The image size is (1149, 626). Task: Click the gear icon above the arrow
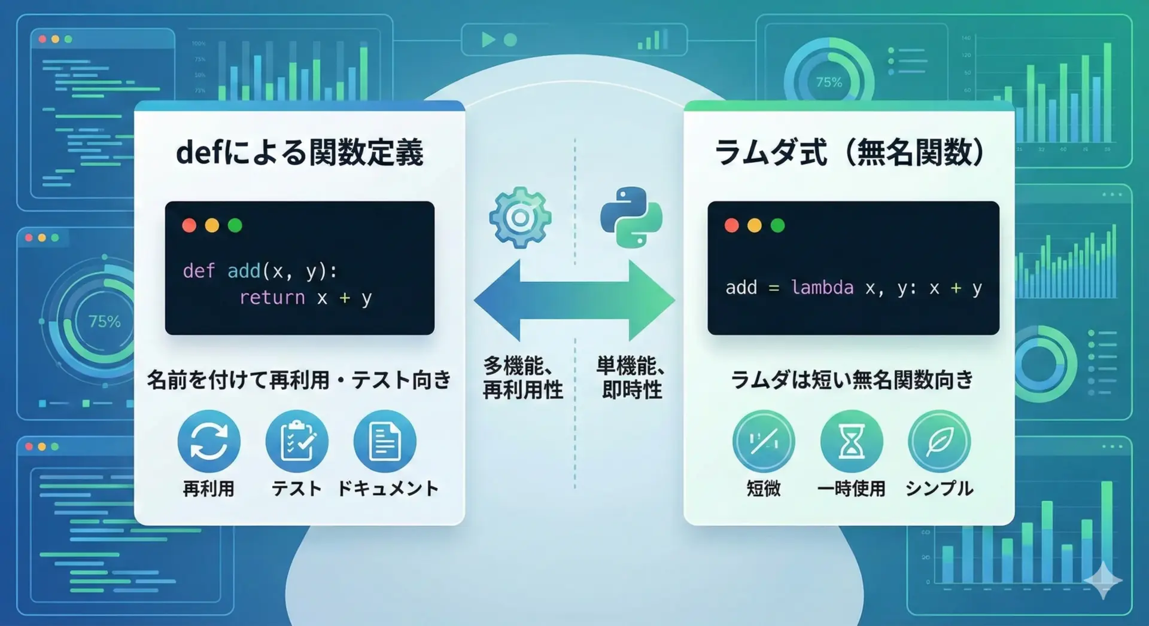(519, 218)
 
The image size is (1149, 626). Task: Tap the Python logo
(631, 218)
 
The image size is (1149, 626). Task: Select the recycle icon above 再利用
(209, 441)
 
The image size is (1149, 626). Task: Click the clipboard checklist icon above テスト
(297, 441)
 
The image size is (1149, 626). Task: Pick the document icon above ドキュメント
(385, 441)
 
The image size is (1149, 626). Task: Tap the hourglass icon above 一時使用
(852, 441)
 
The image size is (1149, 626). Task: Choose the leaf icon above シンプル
(939, 441)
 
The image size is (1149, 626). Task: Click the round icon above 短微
(764, 441)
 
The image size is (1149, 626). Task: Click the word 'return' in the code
(272, 298)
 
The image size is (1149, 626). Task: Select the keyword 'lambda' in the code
(822, 288)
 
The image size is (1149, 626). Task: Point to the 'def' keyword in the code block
(199, 271)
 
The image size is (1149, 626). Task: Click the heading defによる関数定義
(300, 152)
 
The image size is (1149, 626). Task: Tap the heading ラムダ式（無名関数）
(850, 152)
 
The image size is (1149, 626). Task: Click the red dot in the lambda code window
(731, 225)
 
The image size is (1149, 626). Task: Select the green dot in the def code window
(235, 225)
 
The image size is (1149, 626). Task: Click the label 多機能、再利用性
(522, 378)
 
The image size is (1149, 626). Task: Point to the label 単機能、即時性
(631, 378)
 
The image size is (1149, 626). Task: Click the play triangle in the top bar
(488, 39)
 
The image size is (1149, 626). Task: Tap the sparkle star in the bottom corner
(1103, 579)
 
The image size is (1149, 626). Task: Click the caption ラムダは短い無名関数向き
(852, 380)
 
